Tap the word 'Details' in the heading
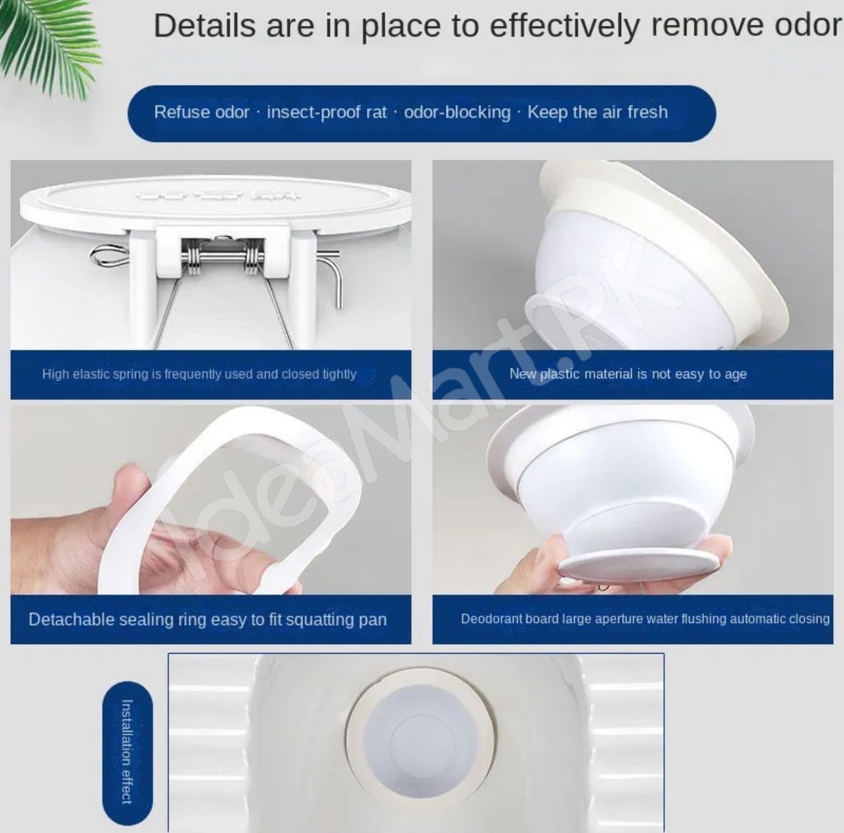pos(205,25)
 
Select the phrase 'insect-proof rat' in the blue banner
pos(327,113)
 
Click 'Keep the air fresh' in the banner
pos(597,112)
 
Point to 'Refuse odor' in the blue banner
pos(201,112)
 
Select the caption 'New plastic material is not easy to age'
pos(628,374)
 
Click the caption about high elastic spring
pos(199,374)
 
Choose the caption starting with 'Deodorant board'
pos(645,619)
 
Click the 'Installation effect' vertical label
pos(127,751)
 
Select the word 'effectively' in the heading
pos(565,26)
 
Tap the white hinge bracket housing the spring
pos(224,253)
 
